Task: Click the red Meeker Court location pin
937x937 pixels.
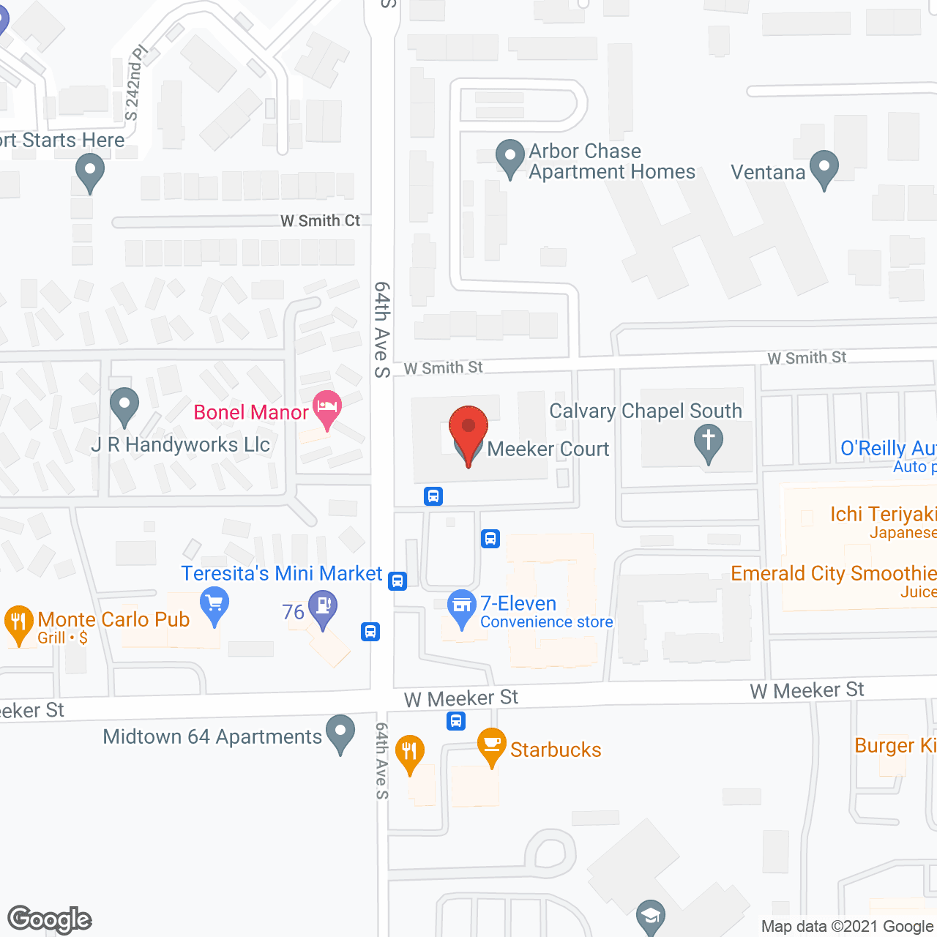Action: click(468, 428)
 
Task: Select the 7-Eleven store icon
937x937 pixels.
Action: click(461, 606)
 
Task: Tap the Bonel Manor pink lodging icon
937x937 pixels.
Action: click(327, 407)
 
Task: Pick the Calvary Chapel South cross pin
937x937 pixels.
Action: click(708, 442)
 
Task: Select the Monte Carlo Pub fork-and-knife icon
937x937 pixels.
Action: click(19, 622)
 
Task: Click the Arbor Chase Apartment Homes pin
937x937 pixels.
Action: click(509, 157)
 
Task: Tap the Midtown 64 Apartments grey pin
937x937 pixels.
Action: click(340, 732)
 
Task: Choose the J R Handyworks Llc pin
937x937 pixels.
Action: click(124, 404)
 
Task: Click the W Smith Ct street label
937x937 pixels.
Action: click(321, 220)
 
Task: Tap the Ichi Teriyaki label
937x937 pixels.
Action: click(883, 515)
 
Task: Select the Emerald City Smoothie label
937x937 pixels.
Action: click(833, 573)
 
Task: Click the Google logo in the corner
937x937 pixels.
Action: click(50, 919)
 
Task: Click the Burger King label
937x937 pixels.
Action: click(895, 745)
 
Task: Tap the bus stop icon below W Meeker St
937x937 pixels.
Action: click(456, 722)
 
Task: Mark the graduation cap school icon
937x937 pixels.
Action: click(650, 916)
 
